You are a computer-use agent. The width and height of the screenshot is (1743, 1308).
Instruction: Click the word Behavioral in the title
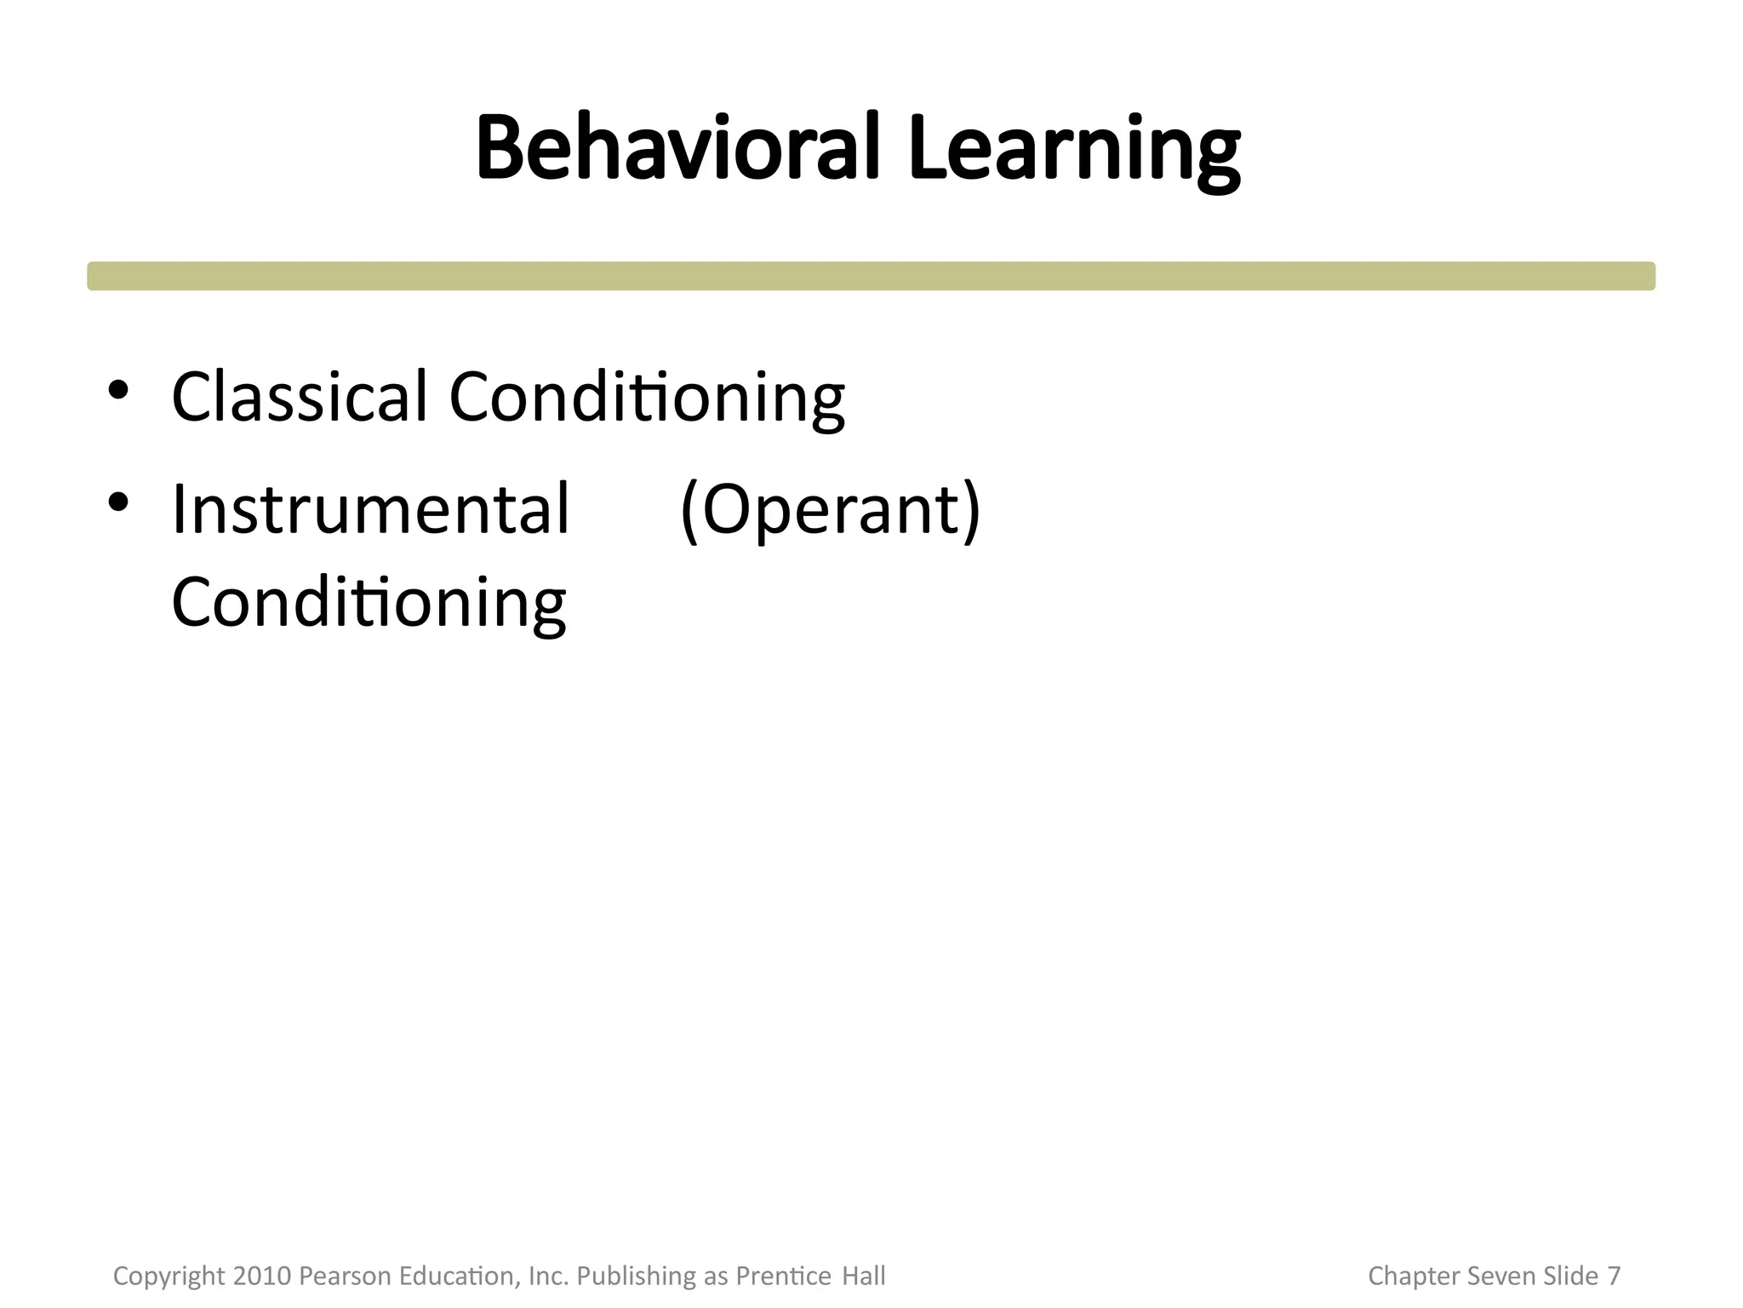(x=677, y=148)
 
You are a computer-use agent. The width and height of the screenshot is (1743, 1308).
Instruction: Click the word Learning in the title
(x=1074, y=150)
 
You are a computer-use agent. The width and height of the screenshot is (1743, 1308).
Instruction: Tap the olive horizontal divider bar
(x=871, y=276)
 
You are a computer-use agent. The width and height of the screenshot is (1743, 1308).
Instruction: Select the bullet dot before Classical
(x=118, y=390)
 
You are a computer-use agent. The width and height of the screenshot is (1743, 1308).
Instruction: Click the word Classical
(x=299, y=396)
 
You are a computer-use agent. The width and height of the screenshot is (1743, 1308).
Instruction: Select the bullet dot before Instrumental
(x=118, y=502)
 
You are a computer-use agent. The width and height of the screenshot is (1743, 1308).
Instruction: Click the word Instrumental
(x=370, y=508)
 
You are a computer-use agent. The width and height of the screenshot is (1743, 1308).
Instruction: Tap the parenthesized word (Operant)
(x=831, y=509)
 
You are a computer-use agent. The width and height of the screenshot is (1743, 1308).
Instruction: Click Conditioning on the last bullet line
(x=369, y=602)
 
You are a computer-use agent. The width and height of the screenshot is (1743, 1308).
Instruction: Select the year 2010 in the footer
(x=262, y=1276)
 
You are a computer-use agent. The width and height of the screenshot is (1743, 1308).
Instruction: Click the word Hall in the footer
(x=864, y=1276)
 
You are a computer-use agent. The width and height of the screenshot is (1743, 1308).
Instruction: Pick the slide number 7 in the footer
(x=1614, y=1276)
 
